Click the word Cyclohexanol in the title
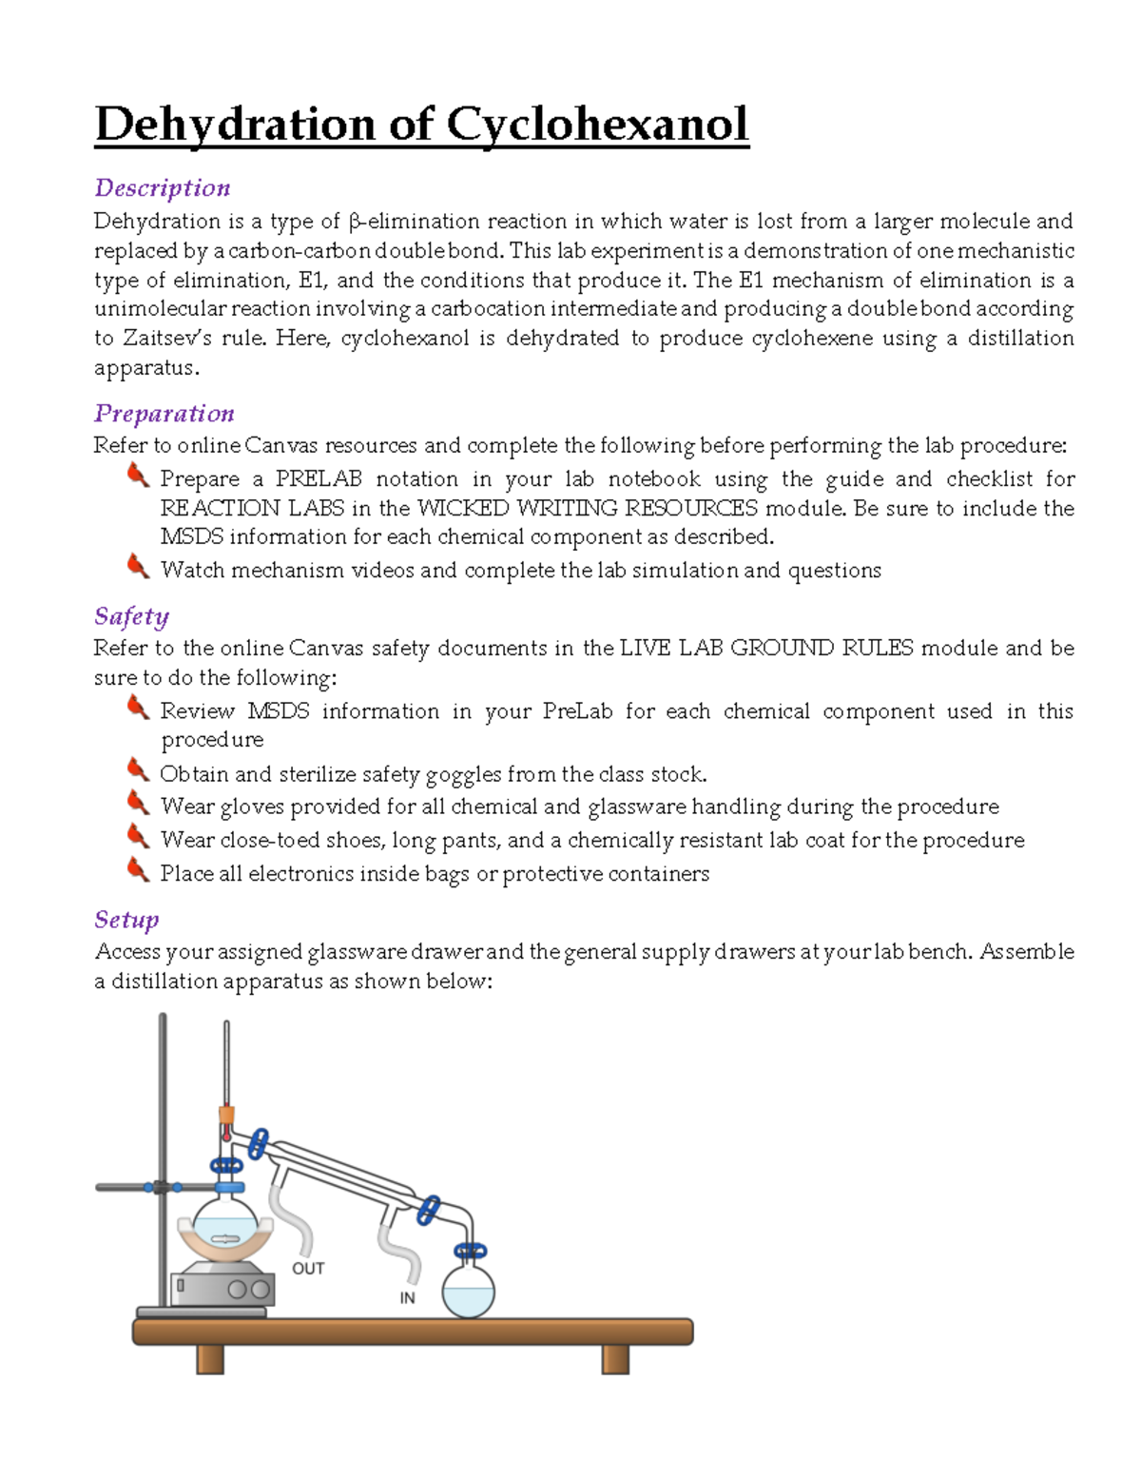[x=597, y=125]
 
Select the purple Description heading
[x=163, y=188]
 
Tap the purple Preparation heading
[x=164, y=414]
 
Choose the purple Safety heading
[x=132, y=616]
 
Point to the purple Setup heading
[x=126, y=920]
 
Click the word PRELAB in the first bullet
[x=319, y=479]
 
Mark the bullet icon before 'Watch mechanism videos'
[x=138, y=567]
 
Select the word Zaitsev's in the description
[x=167, y=339]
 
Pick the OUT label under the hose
[x=308, y=1269]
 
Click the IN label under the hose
[x=407, y=1298]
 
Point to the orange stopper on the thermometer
[x=226, y=1115]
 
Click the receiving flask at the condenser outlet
[x=469, y=1292]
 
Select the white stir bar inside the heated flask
[x=225, y=1238]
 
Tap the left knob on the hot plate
[x=237, y=1290]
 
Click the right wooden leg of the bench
[x=615, y=1359]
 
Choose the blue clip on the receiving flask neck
[x=470, y=1251]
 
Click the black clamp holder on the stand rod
[x=162, y=1187]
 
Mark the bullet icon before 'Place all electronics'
[x=138, y=869]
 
